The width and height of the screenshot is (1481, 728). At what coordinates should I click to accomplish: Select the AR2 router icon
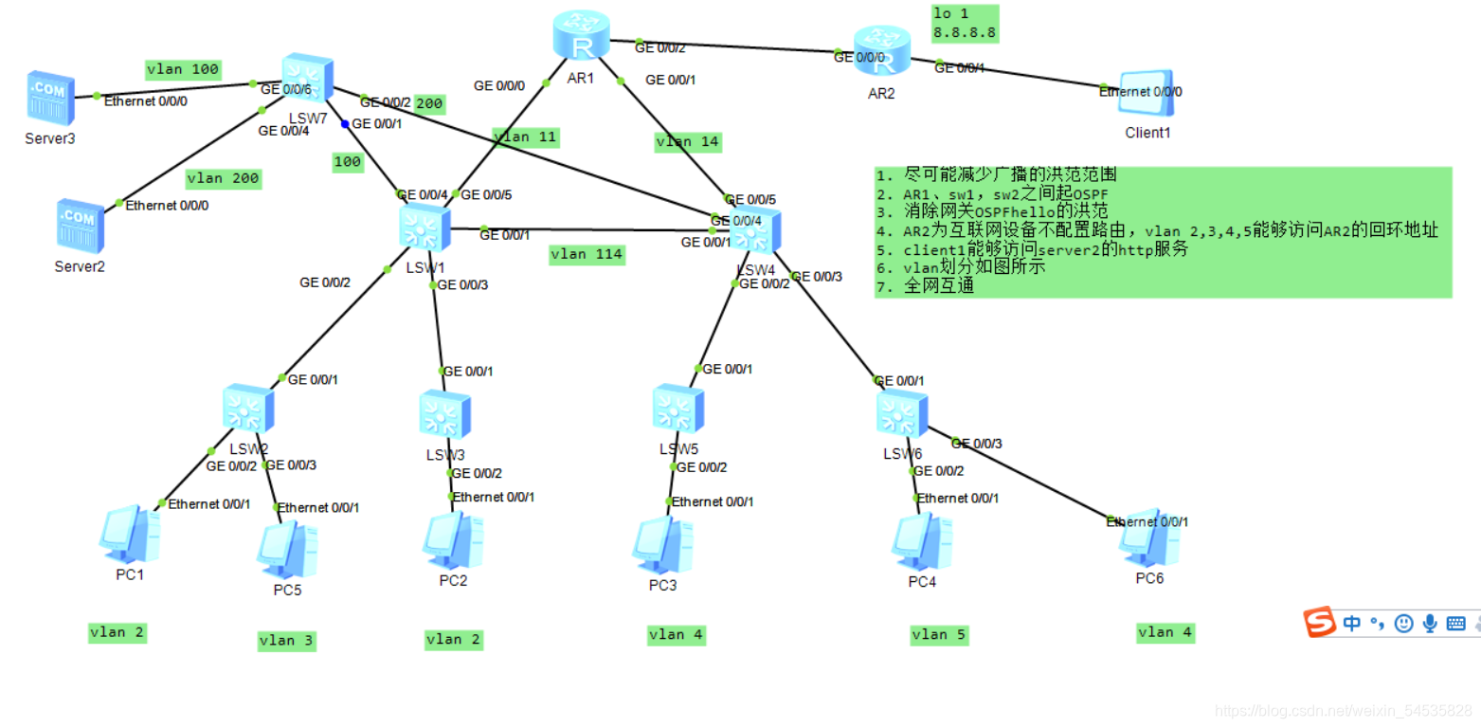[x=880, y=53]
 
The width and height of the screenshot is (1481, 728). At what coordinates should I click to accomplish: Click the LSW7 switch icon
[x=307, y=80]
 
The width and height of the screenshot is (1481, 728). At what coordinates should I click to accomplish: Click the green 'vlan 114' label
[x=587, y=254]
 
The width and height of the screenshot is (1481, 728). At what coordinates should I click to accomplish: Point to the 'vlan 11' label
[x=524, y=137]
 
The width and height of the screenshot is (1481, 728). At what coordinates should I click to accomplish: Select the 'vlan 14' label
[x=688, y=142]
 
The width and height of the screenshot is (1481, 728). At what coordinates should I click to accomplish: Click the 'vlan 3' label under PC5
[x=286, y=641]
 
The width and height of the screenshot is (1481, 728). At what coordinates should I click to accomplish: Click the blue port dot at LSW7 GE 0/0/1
[x=346, y=124]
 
